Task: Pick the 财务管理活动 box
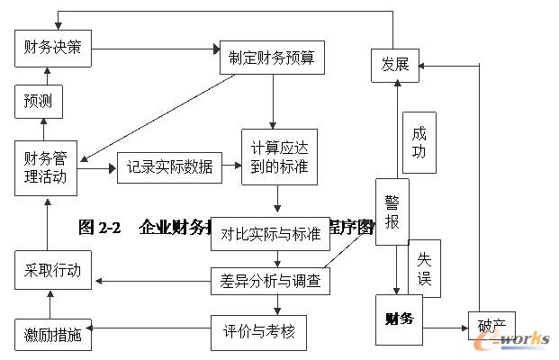45,167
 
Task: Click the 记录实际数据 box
169,167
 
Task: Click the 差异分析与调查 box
270,282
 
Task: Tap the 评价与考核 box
258,332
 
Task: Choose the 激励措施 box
53,335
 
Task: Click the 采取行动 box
53,270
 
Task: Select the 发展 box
395,64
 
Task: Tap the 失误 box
424,267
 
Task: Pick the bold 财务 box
398,319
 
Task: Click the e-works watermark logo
518,338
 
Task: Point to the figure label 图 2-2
99,228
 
